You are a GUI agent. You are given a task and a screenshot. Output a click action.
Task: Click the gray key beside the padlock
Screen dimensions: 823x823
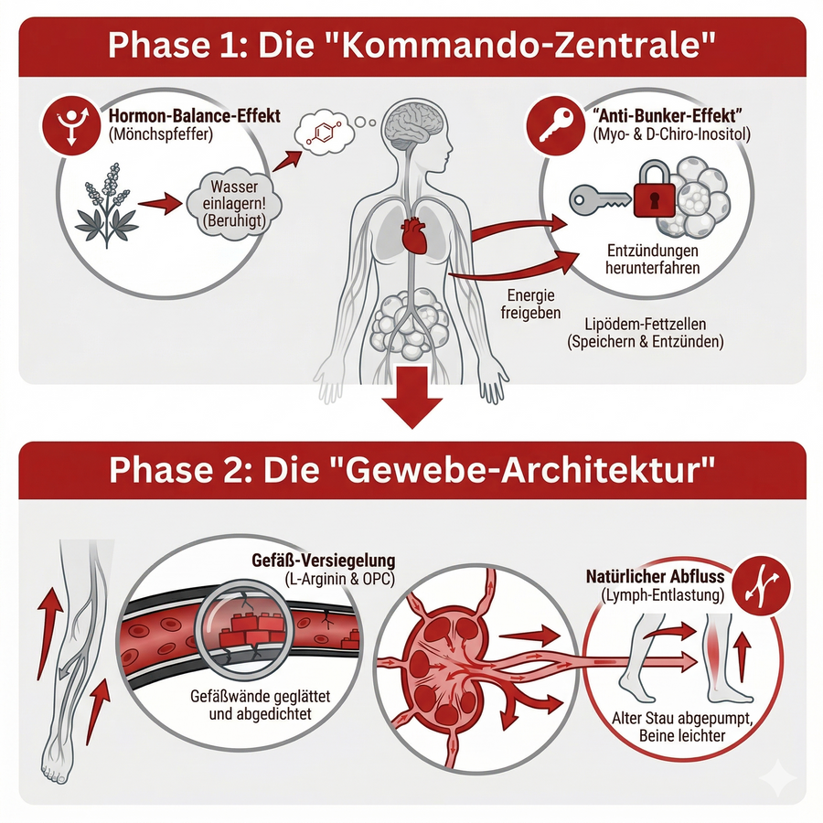click(601, 200)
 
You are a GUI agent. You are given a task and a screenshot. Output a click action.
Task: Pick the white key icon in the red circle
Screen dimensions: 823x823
click(556, 125)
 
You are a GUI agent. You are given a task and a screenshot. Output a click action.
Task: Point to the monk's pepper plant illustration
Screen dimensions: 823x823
click(107, 205)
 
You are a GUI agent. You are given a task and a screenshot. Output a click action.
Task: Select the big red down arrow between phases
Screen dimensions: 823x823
click(412, 397)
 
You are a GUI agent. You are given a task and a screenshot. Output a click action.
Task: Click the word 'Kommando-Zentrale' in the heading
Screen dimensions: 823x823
click(523, 47)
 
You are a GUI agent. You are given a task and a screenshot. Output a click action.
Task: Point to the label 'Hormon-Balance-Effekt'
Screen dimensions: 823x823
click(194, 116)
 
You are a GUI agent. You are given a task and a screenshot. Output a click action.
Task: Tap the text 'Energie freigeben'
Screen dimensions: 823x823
click(530, 305)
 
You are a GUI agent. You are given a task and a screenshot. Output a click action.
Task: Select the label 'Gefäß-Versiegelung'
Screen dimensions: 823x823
click(324, 560)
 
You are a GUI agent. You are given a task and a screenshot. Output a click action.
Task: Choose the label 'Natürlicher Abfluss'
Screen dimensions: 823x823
click(655, 577)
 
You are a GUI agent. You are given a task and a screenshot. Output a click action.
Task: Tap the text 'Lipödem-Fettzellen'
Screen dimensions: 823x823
click(645, 324)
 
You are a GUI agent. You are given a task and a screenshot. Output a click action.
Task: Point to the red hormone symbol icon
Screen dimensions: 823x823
click(71, 125)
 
